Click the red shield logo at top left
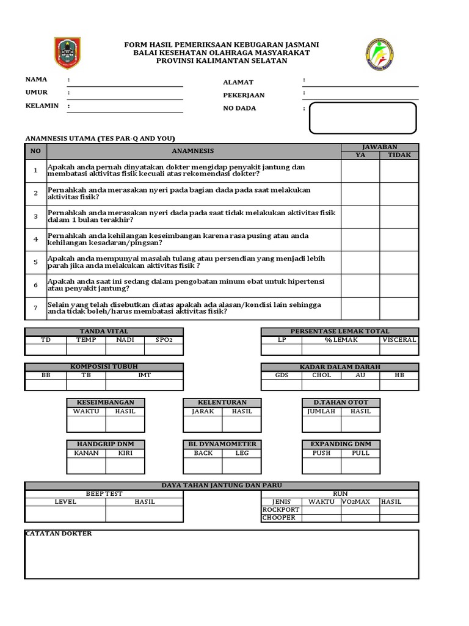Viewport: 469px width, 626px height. [67, 53]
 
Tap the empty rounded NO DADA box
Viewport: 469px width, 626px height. [363, 117]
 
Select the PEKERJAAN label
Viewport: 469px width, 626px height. [244, 95]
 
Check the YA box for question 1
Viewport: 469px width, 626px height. [360, 171]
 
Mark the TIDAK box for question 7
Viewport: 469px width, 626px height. [399, 308]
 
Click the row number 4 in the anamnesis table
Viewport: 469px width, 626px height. [36, 239]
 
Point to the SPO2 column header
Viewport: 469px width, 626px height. [164, 340]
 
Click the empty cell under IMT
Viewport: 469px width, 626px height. [144, 385]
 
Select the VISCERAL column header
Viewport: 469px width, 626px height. [399, 340]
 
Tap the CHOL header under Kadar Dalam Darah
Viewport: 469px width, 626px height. [321, 375]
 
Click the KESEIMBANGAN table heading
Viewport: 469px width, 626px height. [105, 402]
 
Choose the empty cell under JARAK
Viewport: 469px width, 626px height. [203, 424]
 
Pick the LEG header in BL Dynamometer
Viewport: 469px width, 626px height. [242, 453]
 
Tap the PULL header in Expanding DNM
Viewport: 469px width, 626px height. [360, 453]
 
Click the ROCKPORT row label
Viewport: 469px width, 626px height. [281, 509]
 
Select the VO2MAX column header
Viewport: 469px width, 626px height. [360, 501]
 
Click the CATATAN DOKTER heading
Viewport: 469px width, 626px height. [59, 534]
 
